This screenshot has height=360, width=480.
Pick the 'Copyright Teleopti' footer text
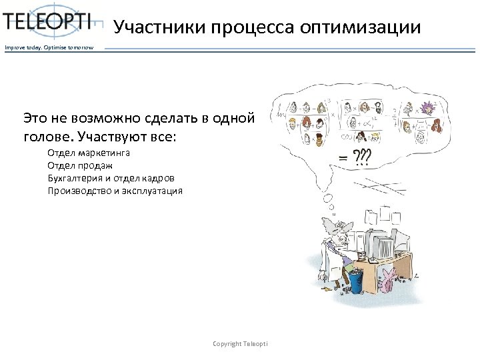click(x=240, y=343)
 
